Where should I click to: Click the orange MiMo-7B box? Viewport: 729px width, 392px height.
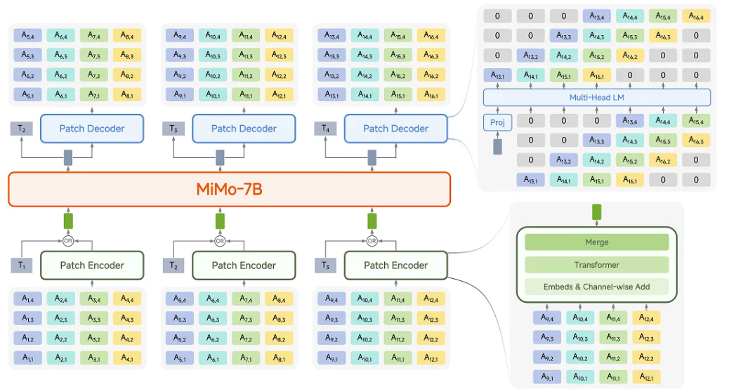pyautogui.click(x=229, y=190)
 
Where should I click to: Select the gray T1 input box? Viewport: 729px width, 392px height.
pyautogui.click(x=21, y=266)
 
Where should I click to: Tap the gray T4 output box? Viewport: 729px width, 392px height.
pyautogui.click(x=324, y=129)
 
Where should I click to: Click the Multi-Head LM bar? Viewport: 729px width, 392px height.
pyautogui.click(x=597, y=98)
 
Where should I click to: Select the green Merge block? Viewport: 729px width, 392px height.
pyautogui.click(x=596, y=242)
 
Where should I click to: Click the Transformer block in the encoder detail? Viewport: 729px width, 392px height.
pyautogui.click(x=596, y=265)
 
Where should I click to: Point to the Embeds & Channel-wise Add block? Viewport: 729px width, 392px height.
pyautogui.click(x=596, y=287)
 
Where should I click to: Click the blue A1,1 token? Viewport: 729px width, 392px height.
pyautogui.click(x=27, y=358)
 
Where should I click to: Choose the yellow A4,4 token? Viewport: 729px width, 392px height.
pyautogui.click(x=126, y=299)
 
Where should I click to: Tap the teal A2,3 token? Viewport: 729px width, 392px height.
pyautogui.click(x=60, y=319)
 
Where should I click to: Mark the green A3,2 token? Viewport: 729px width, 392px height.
pyautogui.click(x=93, y=339)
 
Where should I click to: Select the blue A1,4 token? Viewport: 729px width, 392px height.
pyautogui.click(x=27, y=299)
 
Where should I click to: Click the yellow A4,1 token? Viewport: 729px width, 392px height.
pyautogui.click(x=126, y=358)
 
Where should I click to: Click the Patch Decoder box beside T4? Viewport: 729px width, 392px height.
pyautogui.click(x=395, y=129)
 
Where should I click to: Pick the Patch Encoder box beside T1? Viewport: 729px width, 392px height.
pyautogui.click(x=91, y=266)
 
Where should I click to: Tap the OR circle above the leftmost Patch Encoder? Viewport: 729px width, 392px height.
pyautogui.click(x=68, y=240)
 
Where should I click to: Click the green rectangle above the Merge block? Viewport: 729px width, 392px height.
pyautogui.click(x=597, y=211)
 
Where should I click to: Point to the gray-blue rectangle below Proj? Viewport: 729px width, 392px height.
pyautogui.click(x=498, y=146)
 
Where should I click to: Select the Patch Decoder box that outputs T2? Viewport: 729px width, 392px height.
pyautogui.click(x=91, y=129)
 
